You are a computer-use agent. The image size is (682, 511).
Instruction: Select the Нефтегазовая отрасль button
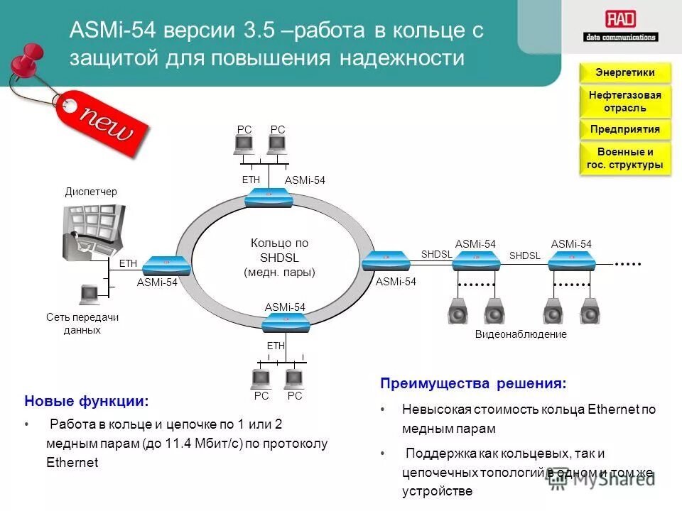[x=624, y=101]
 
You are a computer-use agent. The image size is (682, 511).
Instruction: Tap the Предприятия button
[x=624, y=129]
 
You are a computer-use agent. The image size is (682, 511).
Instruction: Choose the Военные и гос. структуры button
[x=624, y=158]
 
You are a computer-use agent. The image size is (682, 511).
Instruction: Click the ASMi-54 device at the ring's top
[x=269, y=197]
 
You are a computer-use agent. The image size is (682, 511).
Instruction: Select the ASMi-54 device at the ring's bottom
[x=286, y=323]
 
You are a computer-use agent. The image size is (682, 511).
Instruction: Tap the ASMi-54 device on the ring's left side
[x=166, y=265]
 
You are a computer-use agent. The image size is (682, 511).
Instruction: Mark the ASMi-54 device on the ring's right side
[x=386, y=262]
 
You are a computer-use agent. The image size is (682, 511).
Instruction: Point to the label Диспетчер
[x=91, y=192]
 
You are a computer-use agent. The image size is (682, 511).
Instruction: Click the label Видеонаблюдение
[x=521, y=334]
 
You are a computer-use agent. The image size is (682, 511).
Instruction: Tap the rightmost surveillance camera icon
[x=589, y=312]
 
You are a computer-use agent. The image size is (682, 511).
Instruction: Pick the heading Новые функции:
[x=87, y=402]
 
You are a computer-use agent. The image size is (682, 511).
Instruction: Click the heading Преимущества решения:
[x=473, y=384]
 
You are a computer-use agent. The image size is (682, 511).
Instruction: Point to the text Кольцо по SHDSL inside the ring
[x=279, y=250]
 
